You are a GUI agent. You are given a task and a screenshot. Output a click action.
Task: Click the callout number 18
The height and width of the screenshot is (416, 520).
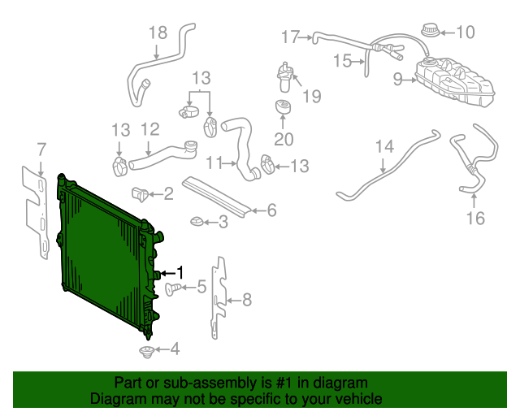158,32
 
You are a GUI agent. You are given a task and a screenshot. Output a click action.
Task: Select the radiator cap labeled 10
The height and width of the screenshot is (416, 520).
428,33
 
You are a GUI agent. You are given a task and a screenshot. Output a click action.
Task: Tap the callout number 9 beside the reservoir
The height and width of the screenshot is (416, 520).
397,80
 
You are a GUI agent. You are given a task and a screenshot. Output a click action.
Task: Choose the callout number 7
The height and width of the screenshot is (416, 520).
40,149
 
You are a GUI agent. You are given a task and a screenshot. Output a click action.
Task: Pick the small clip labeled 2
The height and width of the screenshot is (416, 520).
141,194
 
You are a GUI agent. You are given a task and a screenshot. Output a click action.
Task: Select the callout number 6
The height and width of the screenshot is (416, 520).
271,210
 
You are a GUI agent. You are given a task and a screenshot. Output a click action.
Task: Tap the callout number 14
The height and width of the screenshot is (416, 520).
384,147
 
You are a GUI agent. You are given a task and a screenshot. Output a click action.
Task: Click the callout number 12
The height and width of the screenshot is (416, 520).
149,129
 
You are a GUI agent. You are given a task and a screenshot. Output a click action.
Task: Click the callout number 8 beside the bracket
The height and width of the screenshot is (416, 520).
247,300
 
